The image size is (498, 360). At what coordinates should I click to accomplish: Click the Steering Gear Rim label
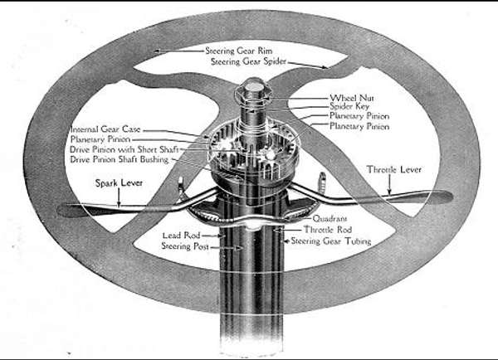[x=239, y=51]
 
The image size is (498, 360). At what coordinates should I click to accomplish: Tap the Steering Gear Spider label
[x=249, y=61]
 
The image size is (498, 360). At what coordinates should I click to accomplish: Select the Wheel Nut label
[x=352, y=98]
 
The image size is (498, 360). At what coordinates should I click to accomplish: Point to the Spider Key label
[x=349, y=107]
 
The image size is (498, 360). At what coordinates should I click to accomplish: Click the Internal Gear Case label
[x=105, y=129]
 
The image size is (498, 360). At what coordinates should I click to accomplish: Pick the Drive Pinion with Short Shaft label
[x=124, y=149]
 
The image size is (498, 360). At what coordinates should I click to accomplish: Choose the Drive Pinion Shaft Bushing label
[x=119, y=159]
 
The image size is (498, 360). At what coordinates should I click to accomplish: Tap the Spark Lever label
[x=119, y=182]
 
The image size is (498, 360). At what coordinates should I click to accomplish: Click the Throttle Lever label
[x=394, y=169]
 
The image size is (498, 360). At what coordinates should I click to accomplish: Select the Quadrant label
[x=330, y=218]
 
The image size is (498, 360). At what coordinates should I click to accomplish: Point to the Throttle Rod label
[x=328, y=229]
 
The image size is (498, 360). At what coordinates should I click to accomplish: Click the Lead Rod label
[x=181, y=236]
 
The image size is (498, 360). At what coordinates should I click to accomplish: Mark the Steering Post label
[x=185, y=246]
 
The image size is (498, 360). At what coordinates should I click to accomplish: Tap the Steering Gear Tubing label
[x=331, y=241]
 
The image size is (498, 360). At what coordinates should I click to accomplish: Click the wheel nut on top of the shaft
[x=253, y=90]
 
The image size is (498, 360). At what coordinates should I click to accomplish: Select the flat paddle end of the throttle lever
[x=435, y=197]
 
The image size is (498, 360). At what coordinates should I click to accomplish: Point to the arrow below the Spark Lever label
[x=119, y=197]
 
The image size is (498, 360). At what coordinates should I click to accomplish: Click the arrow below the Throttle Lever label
[x=390, y=184]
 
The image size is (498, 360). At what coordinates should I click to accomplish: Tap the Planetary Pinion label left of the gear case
[x=100, y=139]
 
